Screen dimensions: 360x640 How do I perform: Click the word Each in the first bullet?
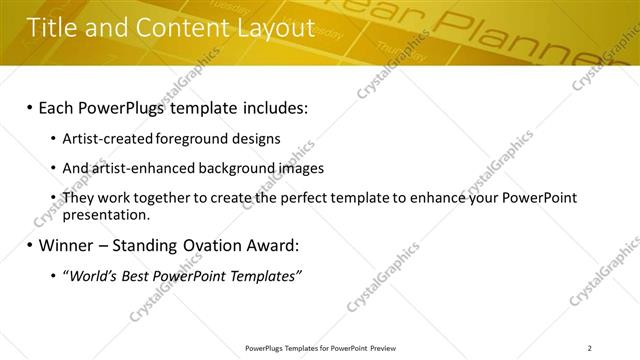[x=60, y=106]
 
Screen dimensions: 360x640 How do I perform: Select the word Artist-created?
[x=101, y=139]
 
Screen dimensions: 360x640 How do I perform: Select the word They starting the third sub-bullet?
[x=78, y=198]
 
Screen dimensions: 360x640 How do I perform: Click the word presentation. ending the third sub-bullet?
[x=106, y=214]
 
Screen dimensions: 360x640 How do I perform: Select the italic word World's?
[x=94, y=275]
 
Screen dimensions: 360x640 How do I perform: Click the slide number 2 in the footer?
[x=589, y=348]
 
